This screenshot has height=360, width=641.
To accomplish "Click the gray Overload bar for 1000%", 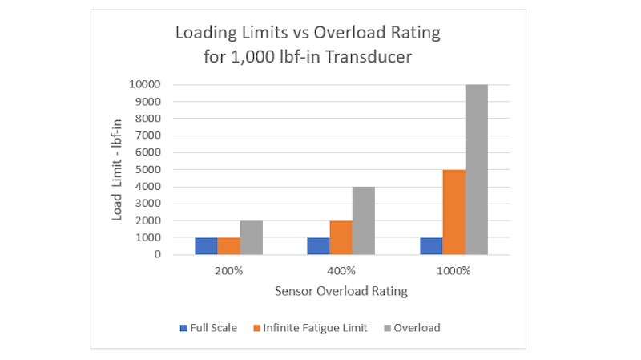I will [476, 169].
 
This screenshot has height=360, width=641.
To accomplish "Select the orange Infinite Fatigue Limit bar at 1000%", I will [454, 212].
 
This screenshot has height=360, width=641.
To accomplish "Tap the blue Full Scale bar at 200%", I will [206, 246].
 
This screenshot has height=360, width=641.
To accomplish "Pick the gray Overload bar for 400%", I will [364, 220].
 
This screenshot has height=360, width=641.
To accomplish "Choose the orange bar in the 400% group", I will [341, 237].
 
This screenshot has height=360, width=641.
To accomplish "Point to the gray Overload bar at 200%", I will [251, 237].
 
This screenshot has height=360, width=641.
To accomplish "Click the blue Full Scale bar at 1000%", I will [431, 246].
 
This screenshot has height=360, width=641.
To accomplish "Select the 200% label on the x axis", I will [228, 271].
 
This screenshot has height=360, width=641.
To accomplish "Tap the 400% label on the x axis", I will [341, 271].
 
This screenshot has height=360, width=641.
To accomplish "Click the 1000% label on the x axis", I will [454, 271].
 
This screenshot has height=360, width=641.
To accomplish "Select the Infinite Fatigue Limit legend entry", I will [311, 327].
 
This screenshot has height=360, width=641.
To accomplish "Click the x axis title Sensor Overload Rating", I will [341, 291].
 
